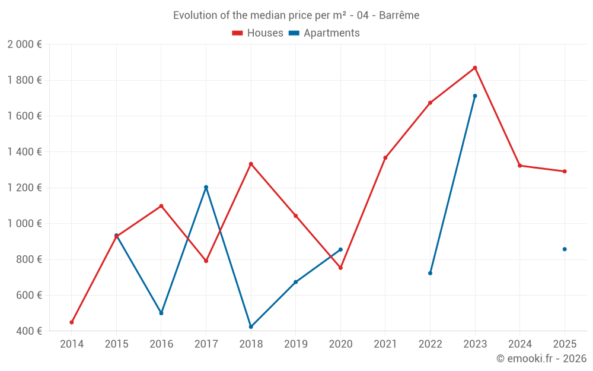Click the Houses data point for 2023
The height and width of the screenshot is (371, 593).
click(x=475, y=68)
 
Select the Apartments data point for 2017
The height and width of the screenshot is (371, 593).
click(x=206, y=187)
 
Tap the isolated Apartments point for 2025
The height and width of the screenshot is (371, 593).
click(x=565, y=249)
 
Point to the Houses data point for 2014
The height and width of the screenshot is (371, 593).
click(x=72, y=322)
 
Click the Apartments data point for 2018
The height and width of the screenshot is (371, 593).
click(x=251, y=327)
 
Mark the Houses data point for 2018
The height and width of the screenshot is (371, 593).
click(x=251, y=164)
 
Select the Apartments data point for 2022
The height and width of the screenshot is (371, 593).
click(x=430, y=273)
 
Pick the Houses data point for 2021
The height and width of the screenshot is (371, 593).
click(x=385, y=158)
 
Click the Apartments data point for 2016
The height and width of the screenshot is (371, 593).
click(x=161, y=313)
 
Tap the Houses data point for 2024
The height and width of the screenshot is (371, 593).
click(x=520, y=166)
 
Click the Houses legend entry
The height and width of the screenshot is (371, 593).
click(x=257, y=33)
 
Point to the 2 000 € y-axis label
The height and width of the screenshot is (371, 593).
click(x=24, y=45)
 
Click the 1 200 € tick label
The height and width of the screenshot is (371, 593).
click(x=24, y=188)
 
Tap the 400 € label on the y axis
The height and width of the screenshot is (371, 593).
click(x=28, y=331)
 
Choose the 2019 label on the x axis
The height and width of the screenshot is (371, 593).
click(x=296, y=344)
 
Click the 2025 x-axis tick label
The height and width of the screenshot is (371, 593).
click(x=565, y=344)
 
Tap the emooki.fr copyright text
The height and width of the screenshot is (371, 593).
click(x=541, y=359)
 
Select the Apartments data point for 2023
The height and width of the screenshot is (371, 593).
click(x=475, y=96)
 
